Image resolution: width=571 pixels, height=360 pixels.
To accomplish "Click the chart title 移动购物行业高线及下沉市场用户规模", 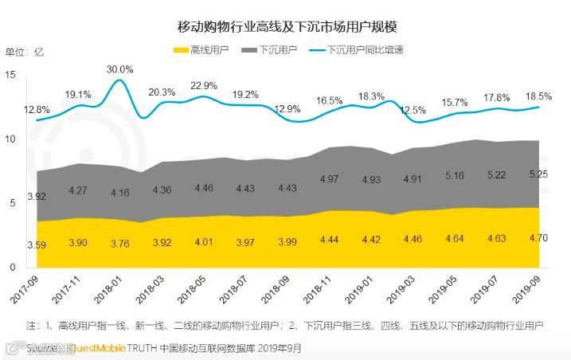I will [287, 26].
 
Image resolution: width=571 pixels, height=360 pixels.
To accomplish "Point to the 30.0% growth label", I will [120, 69].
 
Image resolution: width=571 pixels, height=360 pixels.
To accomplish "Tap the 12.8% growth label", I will [37, 109].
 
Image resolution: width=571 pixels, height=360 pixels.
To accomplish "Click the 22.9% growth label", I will [204, 85].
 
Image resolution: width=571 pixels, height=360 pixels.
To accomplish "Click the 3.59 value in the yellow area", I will [37, 244].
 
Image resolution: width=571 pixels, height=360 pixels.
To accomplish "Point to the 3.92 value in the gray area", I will [37, 196].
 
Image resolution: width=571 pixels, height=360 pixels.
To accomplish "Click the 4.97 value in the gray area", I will [327, 178].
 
